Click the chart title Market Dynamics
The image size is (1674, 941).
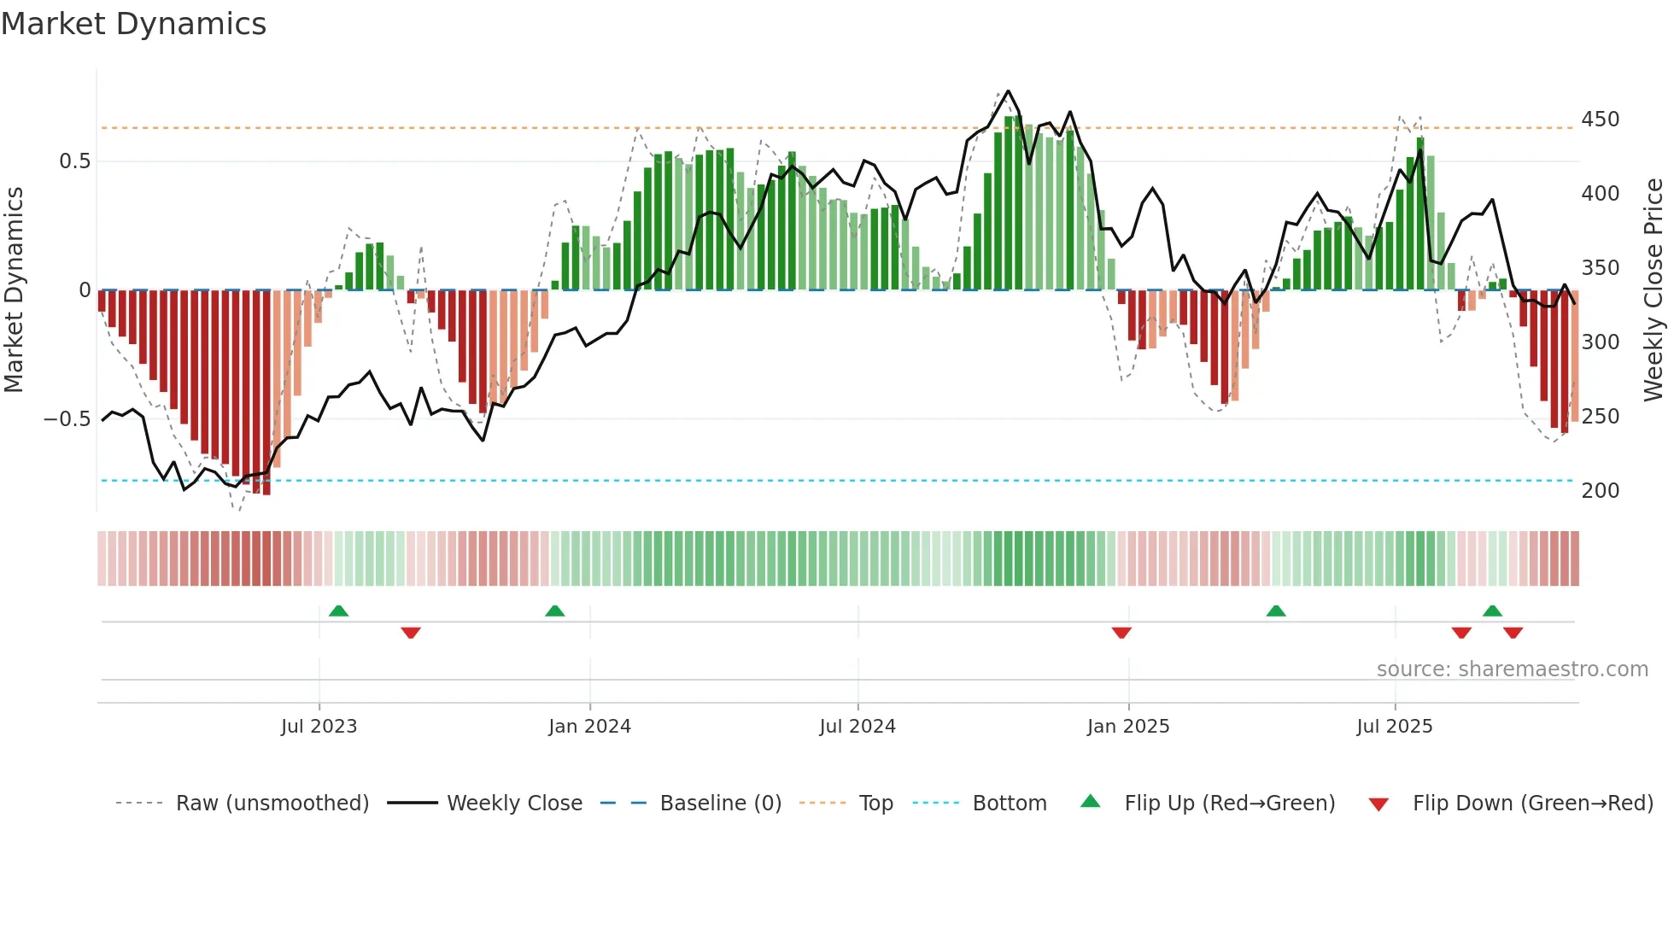134,24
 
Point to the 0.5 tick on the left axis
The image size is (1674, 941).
74,161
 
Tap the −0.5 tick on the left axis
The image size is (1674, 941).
67,419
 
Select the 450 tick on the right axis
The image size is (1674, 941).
1600,120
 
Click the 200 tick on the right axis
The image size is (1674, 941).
1600,491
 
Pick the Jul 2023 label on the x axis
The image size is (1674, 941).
319,727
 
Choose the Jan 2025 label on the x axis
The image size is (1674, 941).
1127,727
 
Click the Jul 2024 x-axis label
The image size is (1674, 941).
857,727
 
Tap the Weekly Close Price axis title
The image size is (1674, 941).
1654,290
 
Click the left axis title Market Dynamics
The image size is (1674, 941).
15,290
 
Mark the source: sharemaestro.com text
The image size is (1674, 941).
1512,669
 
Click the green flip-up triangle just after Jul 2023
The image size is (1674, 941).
338,611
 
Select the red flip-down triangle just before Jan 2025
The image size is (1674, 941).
1121,633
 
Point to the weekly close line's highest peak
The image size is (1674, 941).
1008,91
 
